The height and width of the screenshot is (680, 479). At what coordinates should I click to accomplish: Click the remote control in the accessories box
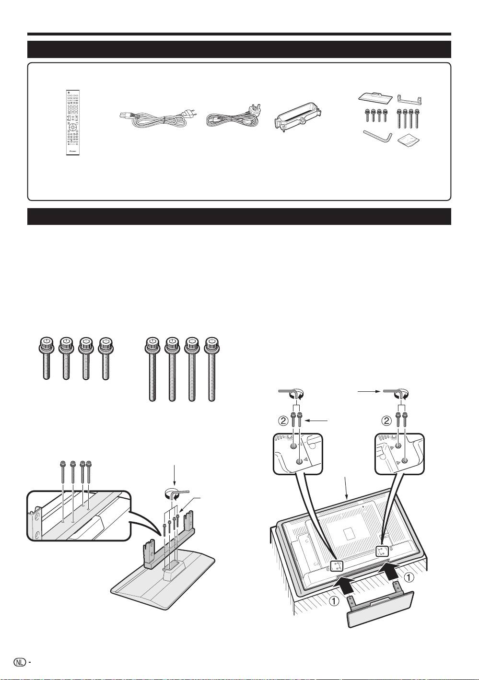pyautogui.click(x=73, y=123)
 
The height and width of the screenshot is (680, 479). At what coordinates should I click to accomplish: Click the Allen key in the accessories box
pyautogui.click(x=378, y=136)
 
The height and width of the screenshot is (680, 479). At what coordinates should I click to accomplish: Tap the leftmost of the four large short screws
pyautogui.click(x=46, y=359)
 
